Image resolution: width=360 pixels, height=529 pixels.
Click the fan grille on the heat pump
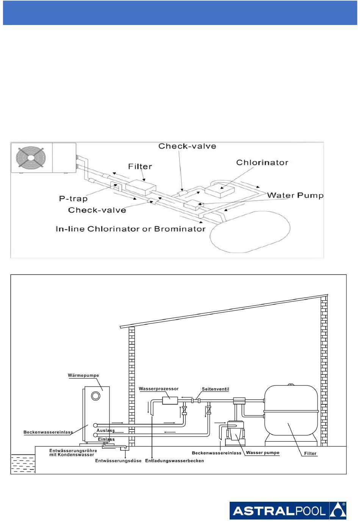point(31,157)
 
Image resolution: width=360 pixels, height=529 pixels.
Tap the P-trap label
point(73,198)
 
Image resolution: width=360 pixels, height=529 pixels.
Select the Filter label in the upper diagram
point(140,167)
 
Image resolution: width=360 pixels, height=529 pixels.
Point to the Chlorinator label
point(262,162)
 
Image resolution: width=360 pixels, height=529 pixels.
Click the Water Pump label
point(295,195)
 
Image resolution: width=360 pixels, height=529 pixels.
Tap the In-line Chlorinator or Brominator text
point(130,229)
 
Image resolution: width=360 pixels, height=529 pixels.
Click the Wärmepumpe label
point(83,375)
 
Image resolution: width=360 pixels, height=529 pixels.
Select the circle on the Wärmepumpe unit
point(96,396)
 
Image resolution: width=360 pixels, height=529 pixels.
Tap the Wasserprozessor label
point(159,389)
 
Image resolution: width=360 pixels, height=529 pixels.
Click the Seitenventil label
point(215,389)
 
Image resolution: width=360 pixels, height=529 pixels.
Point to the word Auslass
point(105,430)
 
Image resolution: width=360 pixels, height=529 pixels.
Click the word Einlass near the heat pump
point(106,439)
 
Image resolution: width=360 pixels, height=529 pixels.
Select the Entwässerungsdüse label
point(118,461)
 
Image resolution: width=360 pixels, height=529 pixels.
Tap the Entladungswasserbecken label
point(174,461)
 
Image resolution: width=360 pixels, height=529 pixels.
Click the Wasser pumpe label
point(263,453)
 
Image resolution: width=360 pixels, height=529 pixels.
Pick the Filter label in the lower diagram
point(310,453)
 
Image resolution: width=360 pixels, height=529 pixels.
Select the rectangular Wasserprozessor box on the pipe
point(170,401)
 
